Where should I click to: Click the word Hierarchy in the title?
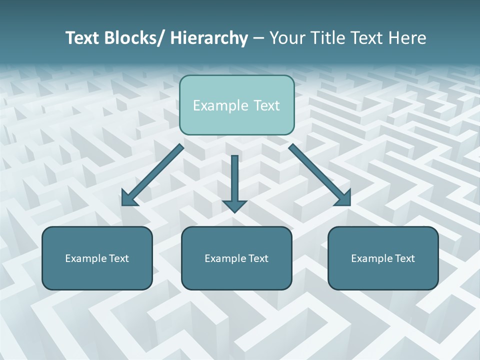pyautogui.click(x=209, y=38)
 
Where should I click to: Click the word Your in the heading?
pyautogui.click(x=285, y=38)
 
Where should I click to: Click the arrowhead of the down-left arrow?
pyautogui.click(x=129, y=198)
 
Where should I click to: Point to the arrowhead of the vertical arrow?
pyautogui.click(x=234, y=205)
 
